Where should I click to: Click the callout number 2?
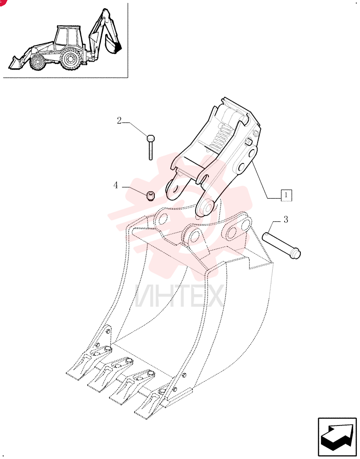(x=119, y=120)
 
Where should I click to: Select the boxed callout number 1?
(x=286, y=195)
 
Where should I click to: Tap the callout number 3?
(x=286, y=219)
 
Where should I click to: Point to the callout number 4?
(x=116, y=185)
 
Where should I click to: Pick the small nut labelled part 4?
(x=151, y=196)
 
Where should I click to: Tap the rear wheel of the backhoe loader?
(x=70, y=59)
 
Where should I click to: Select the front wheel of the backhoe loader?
(x=38, y=62)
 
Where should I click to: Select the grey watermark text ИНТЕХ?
(x=180, y=296)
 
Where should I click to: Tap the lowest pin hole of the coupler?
(x=207, y=207)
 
